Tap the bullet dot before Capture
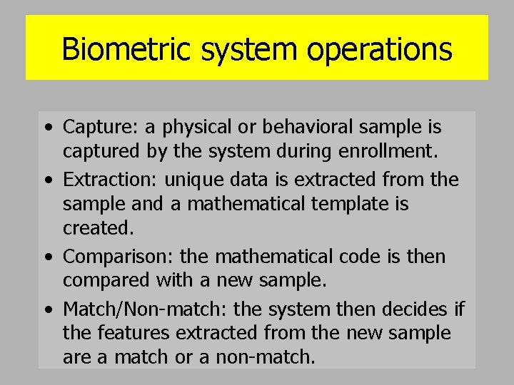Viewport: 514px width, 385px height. [47, 128]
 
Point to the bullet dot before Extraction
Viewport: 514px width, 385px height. [47, 180]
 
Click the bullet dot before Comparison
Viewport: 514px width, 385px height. [47, 257]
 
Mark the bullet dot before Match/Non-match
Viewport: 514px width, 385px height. [47, 309]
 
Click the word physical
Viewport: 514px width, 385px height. [196, 128]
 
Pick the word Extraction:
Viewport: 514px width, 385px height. [114, 180]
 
